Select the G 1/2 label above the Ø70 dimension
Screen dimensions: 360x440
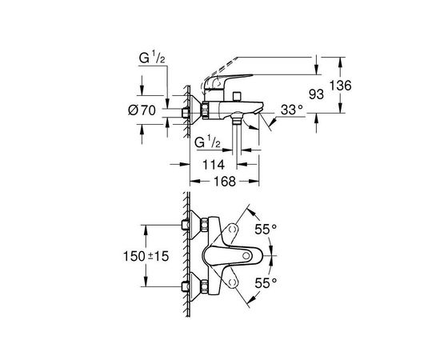[x=150, y=58]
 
